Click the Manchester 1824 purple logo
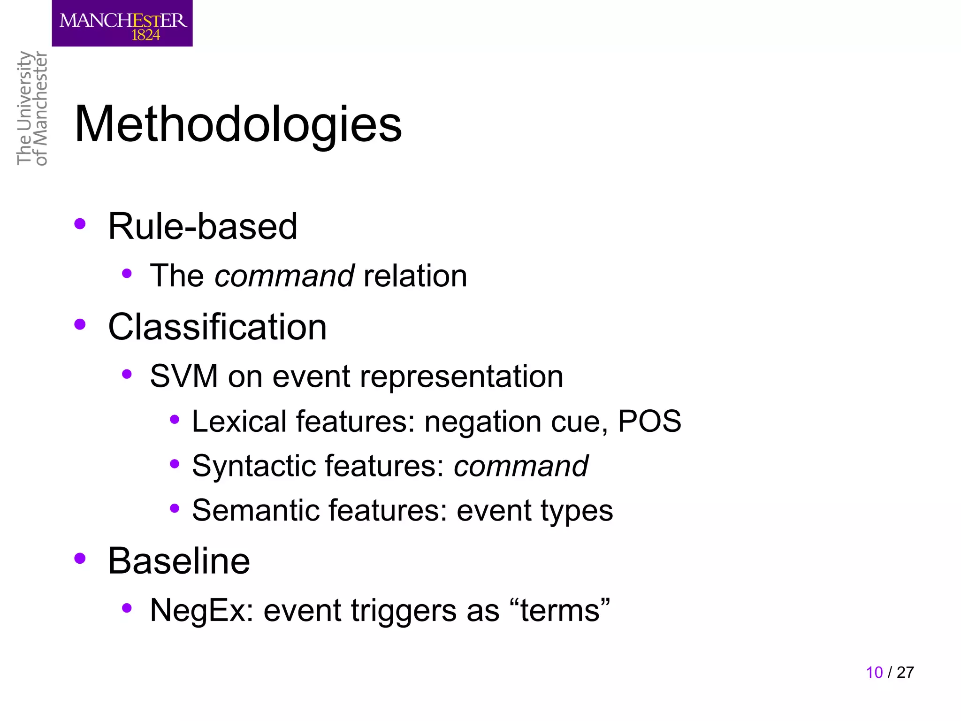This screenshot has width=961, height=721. click(122, 23)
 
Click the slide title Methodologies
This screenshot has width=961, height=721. click(238, 124)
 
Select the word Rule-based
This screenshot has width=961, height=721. click(203, 226)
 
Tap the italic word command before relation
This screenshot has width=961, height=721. click(284, 276)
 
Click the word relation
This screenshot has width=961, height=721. click(415, 276)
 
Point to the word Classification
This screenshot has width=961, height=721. click(217, 327)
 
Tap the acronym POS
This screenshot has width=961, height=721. click(649, 421)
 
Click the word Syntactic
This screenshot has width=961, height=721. click(254, 466)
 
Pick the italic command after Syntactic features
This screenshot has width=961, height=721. click(521, 466)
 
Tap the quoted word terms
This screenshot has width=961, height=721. click(560, 610)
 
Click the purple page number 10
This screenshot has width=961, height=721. click(874, 672)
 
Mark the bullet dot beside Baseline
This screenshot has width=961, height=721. click(80, 558)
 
